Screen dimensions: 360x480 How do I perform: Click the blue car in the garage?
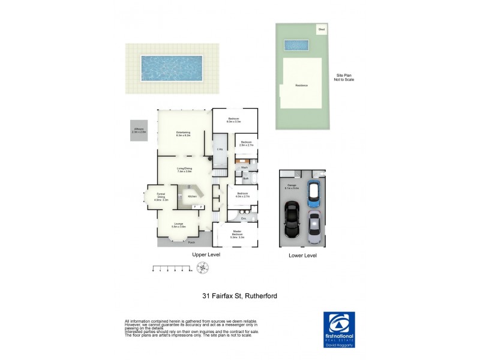[x=312, y=194]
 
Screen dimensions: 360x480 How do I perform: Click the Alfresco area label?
[x=139, y=130]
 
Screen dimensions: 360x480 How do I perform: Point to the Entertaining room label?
[x=183, y=134]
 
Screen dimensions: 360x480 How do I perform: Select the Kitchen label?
[x=192, y=197]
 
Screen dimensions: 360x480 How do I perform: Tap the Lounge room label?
[x=179, y=225]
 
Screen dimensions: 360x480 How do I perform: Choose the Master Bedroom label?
[x=238, y=235]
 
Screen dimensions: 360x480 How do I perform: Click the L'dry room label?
[x=219, y=148]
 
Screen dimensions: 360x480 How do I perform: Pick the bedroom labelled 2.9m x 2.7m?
[x=247, y=143]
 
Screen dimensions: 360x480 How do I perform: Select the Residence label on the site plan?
[x=301, y=85]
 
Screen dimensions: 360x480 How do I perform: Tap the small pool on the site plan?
[x=296, y=45]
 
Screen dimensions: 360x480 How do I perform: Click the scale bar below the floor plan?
[x=172, y=269]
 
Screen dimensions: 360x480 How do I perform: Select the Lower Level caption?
[x=302, y=255]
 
